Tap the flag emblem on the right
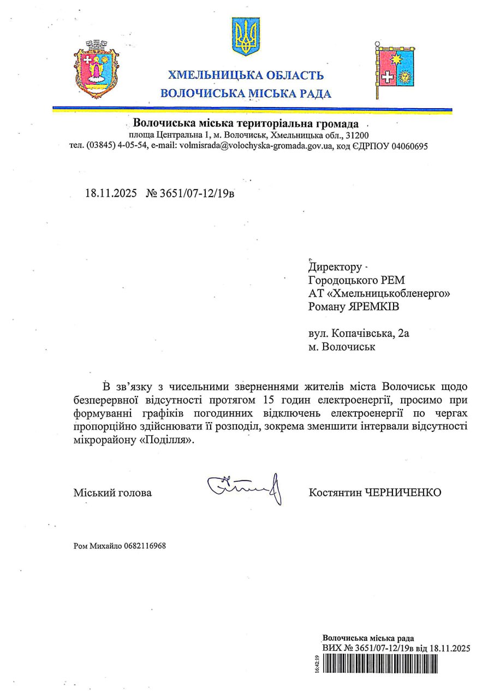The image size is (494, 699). click(x=395, y=69)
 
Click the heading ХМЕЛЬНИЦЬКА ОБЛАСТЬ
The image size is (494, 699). click(x=245, y=75)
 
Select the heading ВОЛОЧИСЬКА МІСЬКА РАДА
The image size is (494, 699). click(x=246, y=93)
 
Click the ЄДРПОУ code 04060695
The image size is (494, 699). click(x=402, y=146)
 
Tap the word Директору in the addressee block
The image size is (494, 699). click(x=335, y=268)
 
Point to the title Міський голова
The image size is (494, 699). click(x=113, y=493)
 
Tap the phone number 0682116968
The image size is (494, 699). click(x=145, y=546)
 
